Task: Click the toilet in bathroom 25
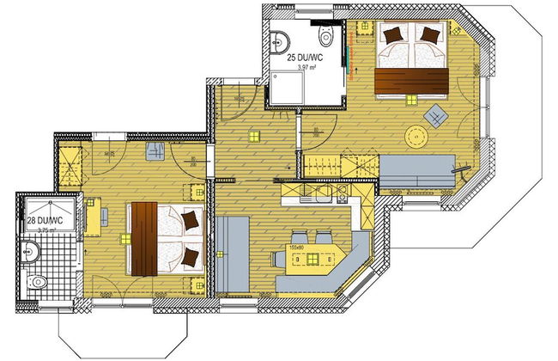(325, 36)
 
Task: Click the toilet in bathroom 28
(36, 280)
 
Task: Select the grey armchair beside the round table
(436, 114)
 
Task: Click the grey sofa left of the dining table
(233, 253)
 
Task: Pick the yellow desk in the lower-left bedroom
(94, 216)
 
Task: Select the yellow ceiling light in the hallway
(253, 135)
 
